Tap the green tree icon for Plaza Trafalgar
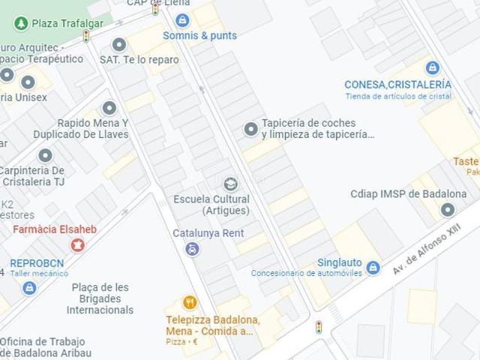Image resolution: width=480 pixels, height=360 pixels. (20, 24)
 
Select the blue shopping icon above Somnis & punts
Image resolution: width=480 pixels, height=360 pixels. (182, 20)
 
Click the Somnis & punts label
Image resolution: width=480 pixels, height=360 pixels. (200, 35)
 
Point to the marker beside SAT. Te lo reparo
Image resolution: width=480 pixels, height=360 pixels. (118, 44)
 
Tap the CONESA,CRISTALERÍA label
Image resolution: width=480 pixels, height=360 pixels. (397, 85)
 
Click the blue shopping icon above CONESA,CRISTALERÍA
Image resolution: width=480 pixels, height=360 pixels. (432, 68)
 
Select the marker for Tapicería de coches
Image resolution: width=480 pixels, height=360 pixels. (250, 129)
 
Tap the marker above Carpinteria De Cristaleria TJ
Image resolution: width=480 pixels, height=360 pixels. (45, 156)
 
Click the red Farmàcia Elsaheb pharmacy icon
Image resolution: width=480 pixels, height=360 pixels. (76, 244)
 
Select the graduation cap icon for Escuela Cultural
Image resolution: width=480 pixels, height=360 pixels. (230, 183)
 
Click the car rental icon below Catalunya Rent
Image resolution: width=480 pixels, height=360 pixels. (193, 248)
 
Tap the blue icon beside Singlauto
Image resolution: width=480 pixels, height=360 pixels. (373, 267)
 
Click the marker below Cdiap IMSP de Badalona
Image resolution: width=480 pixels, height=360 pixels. (448, 210)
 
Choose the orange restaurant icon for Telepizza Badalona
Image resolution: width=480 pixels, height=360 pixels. (190, 303)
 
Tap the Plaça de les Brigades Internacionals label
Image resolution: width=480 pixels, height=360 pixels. (100, 298)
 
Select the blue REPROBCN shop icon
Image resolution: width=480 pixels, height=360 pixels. (29, 288)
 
